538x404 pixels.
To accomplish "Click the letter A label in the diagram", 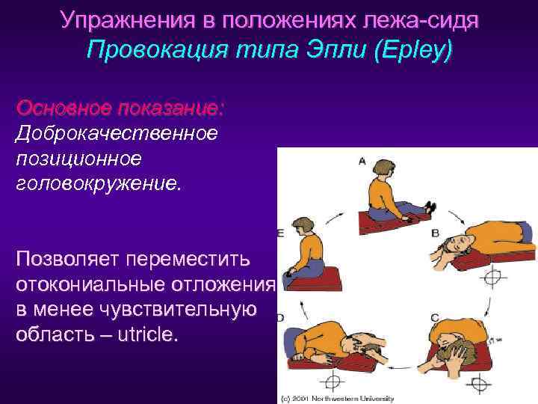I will pyautogui.click(x=362, y=161).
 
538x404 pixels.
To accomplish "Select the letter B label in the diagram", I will pyautogui.click(x=435, y=233).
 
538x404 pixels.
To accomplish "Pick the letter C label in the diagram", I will pyautogui.click(x=434, y=317).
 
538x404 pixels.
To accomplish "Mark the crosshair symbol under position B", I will pyautogui.click(x=494, y=279).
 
